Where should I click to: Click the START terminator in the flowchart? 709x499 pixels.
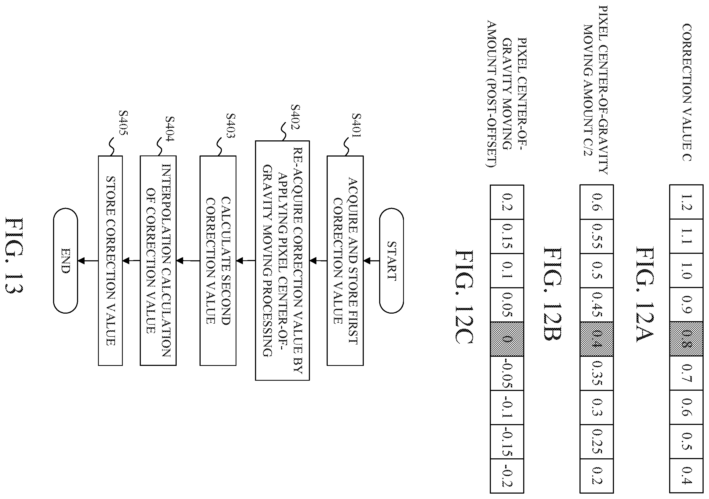[391, 261]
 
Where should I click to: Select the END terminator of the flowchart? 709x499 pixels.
[65, 261]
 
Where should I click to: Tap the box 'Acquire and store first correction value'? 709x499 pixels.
[345, 261]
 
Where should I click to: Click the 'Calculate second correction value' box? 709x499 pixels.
[218, 261]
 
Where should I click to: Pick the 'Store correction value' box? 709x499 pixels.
[110, 261]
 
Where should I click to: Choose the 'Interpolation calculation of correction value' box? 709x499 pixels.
[158, 261]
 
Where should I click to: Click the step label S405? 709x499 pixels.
[123, 123]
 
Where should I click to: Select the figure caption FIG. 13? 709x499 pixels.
[14, 255]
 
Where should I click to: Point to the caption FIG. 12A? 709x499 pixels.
[645, 294]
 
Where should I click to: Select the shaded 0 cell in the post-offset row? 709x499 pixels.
[507, 339]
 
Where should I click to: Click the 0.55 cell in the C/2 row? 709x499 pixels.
[597, 236]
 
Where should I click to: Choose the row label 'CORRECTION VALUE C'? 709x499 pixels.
[686, 92]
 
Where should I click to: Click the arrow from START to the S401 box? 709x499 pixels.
[372, 261]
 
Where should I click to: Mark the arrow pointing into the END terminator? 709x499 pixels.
[88, 261]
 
